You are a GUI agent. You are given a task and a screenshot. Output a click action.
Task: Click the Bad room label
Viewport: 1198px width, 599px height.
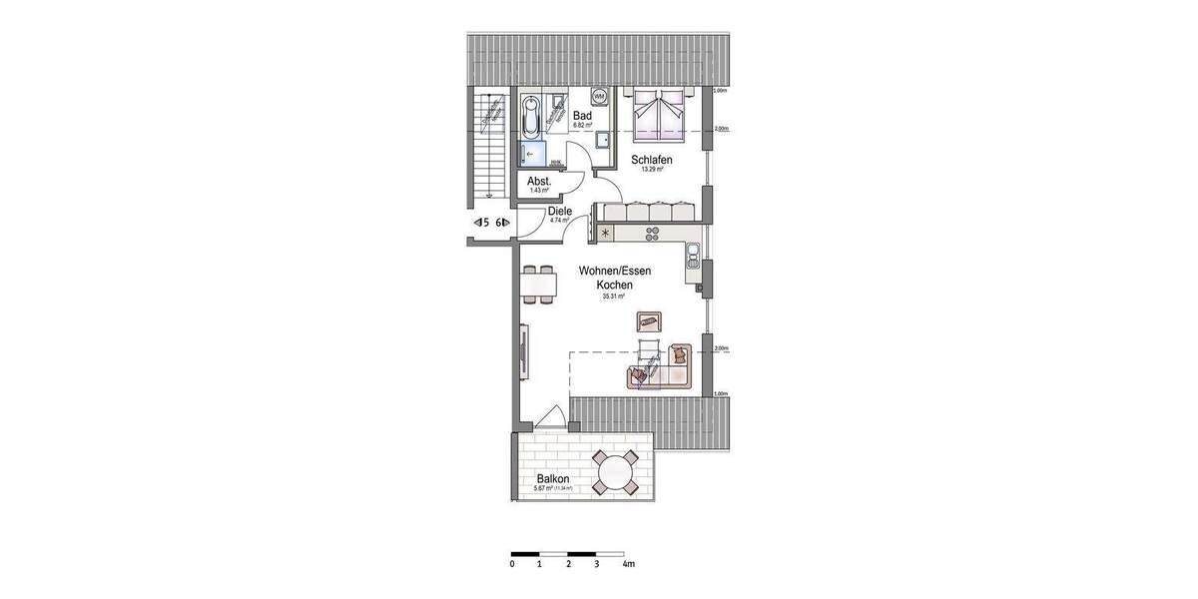click(582, 116)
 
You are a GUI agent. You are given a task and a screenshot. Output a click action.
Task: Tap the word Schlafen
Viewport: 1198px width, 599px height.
click(651, 160)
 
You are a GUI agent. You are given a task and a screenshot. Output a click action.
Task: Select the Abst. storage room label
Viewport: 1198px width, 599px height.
click(539, 181)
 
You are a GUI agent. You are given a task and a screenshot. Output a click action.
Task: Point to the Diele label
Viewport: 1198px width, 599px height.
click(559, 212)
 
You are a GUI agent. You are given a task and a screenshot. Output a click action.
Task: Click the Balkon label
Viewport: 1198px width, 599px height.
click(552, 478)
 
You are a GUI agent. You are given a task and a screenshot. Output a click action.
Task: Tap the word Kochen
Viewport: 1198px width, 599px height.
click(615, 284)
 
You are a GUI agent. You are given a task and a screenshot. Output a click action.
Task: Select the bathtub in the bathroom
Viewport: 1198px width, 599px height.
click(529, 117)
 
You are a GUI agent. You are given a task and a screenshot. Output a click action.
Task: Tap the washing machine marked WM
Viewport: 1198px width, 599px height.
click(599, 97)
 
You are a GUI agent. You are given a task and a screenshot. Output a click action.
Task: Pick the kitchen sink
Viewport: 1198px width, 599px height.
click(692, 263)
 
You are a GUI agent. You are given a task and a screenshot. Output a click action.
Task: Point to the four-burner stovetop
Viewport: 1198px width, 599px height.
click(653, 234)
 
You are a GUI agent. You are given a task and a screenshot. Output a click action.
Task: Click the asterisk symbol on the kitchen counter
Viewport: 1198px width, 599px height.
click(605, 233)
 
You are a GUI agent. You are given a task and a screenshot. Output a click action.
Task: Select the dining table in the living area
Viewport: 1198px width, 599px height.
click(539, 284)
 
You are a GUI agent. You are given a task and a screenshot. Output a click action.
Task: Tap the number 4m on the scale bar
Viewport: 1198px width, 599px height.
click(627, 564)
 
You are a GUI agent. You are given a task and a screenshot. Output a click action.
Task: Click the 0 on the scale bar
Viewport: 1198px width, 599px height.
click(511, 564)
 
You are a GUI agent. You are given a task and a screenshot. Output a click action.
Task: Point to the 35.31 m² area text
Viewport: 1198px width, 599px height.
click(613, 297)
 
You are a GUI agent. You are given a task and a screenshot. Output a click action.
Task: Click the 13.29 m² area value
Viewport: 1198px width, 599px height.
click(653, 170)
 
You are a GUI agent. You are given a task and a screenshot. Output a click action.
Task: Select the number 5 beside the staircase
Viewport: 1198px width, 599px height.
click(485, 223)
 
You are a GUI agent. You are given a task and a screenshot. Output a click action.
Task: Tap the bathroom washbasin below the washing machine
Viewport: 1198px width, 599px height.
click(604, 140)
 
